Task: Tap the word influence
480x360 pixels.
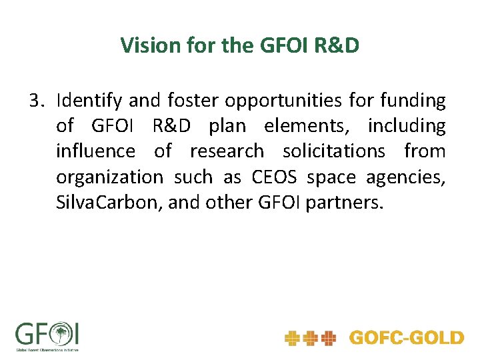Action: pyautogui.click(x=95, y=151)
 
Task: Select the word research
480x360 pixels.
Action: pyautogui.click(x=227, y=151)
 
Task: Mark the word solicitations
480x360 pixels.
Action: pyautogui.click(x=334, y=151)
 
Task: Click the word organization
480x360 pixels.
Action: pyautogui.click(x=109, y=177)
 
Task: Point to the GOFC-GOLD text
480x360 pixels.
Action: pyautogui.click(x=406, y=338)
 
